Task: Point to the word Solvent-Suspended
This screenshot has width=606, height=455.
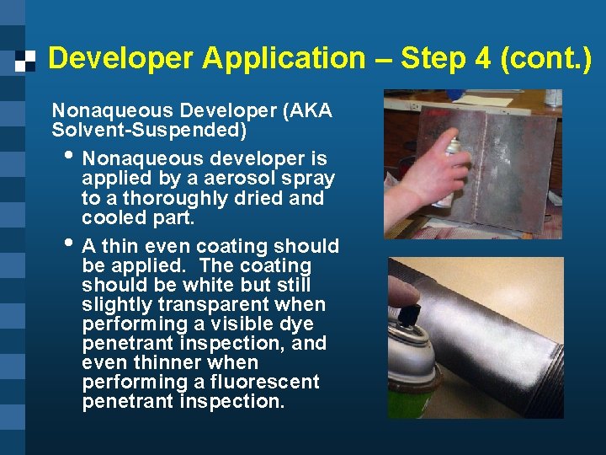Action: pyautogui.click(x=149, y=131)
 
